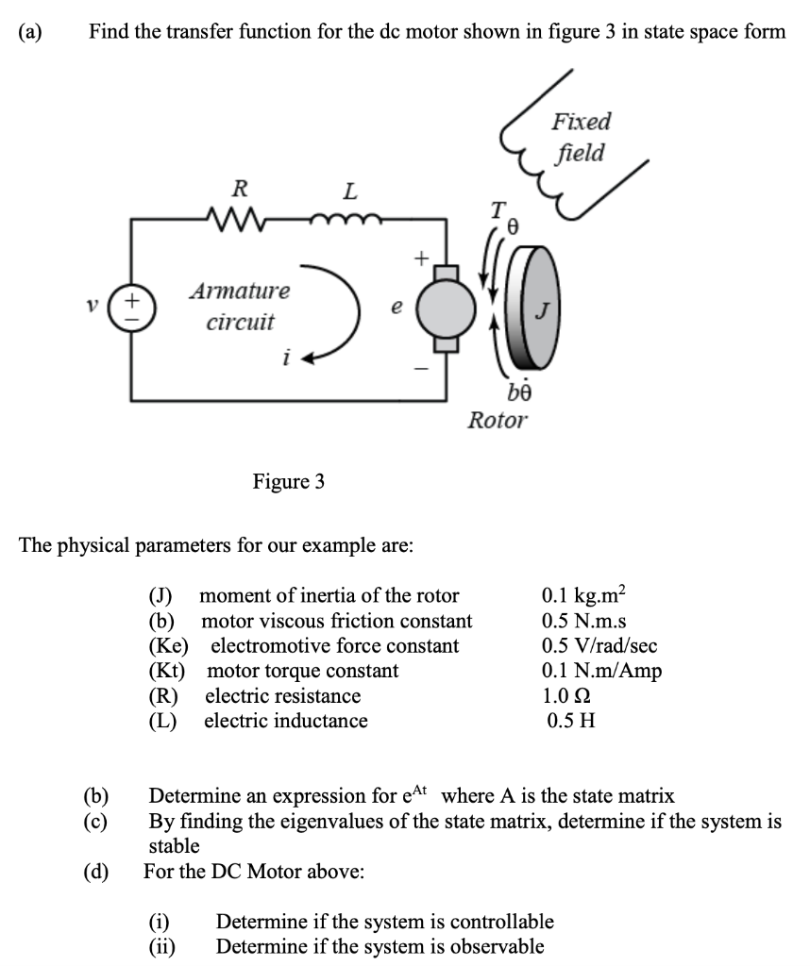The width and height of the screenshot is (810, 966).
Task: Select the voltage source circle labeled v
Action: point(130,308)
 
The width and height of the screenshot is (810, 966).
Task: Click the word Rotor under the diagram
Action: point(498,420)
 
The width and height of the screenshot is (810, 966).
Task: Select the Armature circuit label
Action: point(240,306)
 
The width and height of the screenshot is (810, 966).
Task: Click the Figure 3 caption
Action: point(288,482)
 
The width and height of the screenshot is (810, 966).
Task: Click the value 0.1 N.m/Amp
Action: point(601,671)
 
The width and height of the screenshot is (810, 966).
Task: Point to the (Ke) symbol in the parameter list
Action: point(169,646)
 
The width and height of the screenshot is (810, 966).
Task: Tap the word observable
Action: point(497,946)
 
